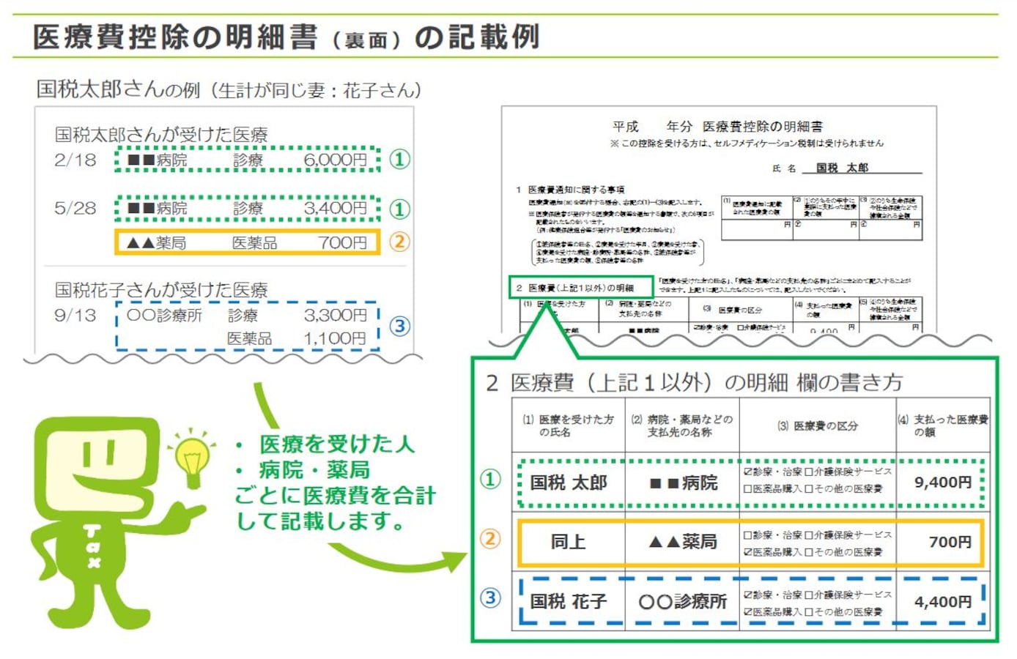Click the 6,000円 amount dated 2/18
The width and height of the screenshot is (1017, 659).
pos(336,160)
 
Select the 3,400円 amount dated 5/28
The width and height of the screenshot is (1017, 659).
pos(336,208)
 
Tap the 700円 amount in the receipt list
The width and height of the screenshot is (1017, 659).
pos(342,242)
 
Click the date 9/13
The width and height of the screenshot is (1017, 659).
pos(75,315)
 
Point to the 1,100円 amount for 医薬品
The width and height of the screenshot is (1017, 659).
pos(336,338)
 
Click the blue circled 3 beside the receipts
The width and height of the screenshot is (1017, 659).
pos(399,326)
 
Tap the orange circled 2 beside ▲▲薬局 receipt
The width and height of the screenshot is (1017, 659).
pos(399,242)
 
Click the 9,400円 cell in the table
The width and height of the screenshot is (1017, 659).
pos(942,483)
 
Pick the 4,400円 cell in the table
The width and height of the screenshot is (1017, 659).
pos(942,602)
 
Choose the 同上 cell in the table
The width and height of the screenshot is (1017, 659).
pos(569,542)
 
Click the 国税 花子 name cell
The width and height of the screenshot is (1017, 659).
pos(569,602)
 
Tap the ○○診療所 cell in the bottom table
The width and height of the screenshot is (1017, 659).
pos(682,602)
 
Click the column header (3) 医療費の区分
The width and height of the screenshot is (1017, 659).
pos(818,425)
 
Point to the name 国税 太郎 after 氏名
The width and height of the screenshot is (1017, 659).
pos(842,168)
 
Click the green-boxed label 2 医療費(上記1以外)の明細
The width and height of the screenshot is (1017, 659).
pos(581,288)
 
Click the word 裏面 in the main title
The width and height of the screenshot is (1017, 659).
pos(366,40)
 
